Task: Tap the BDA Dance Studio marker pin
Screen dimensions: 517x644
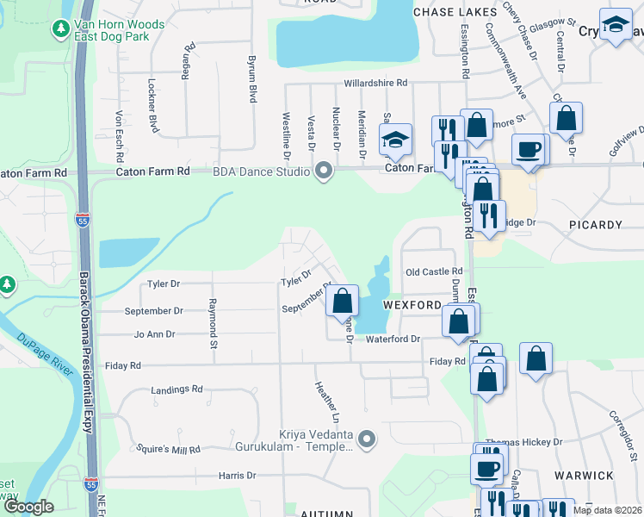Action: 324,171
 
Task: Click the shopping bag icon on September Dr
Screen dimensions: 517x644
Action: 343,302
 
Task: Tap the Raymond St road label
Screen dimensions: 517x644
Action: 212,324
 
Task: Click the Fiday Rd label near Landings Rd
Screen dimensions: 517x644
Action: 122,366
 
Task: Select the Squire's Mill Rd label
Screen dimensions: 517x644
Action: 168,450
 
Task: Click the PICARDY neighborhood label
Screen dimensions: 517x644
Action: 595,225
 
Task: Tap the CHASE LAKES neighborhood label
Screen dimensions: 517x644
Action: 455,12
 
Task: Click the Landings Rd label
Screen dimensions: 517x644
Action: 176,389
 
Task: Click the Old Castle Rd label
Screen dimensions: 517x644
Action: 434,271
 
